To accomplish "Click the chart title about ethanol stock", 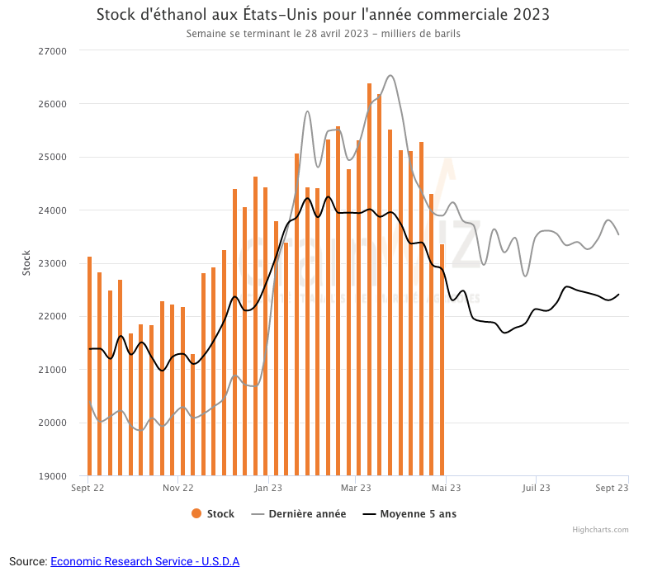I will click(x=323, y=15).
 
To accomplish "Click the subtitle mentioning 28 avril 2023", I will click(x=323, y=34).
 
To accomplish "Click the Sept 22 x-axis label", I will click(x=88, y=488).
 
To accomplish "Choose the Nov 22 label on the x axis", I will click(x=177, y=488).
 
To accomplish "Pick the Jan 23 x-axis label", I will click(x=267, y=488).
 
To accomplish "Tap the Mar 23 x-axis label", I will click(x=357, y=488).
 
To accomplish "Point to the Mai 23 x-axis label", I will click(x=446, y=488).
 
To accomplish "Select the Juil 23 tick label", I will click(x=536, y=488).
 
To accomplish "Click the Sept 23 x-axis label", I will click(x=612, y=488).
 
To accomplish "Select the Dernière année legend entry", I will click(x=298, y=514).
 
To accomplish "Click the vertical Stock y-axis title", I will click(x=26, y=262).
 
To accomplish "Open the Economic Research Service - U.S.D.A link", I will click(x=144, y=561).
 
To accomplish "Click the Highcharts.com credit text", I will click(x=600, y=530).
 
